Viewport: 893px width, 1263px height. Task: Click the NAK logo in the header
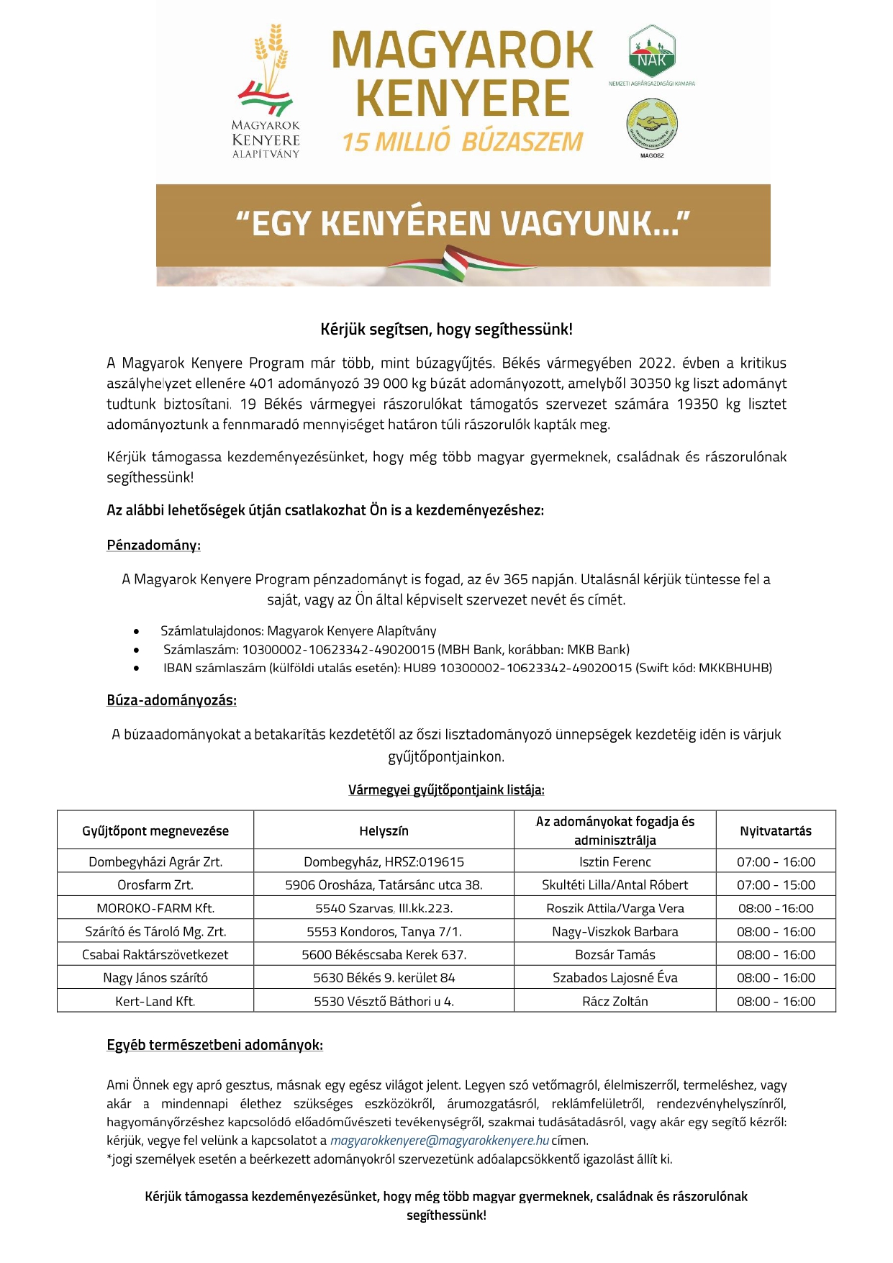pos(651,52)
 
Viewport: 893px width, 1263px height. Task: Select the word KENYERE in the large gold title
pos(463,99)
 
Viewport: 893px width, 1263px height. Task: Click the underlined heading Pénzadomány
pos(153,546)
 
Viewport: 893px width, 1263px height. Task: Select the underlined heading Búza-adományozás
pos(171,700)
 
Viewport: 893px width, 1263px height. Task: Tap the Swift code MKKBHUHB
pos(742,668)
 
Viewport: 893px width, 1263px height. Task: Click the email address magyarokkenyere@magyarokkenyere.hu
pos(440,1140)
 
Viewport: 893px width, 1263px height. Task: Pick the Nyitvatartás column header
pos(775,831)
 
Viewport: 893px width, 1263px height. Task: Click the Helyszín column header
pos(384,831)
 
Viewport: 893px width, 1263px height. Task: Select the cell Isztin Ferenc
pos(615,862)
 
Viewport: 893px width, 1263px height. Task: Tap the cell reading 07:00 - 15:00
pos(776,885)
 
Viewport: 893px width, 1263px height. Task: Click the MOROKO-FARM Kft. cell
pos(155,908)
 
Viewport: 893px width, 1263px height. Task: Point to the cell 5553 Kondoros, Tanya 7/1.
pos(384,932)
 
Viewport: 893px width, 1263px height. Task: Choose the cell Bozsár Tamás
pos(615,955)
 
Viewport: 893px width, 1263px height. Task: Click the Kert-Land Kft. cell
pos(155,1001)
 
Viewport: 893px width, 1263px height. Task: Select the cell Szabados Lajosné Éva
pos(615,978)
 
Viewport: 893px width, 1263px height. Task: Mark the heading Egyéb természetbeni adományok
pos(214,1045)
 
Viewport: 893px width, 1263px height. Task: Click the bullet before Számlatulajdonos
pos(137,632)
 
